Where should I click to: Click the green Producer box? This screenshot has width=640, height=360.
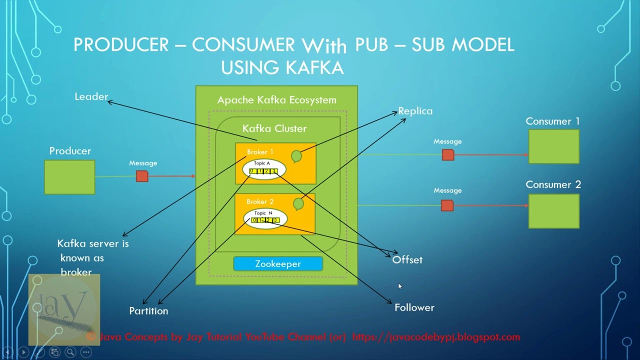pos(69,177)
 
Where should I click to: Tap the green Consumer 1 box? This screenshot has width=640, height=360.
pos(554,146)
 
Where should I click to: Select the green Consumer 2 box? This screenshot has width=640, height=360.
pos(554,211)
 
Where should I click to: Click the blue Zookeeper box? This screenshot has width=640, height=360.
pos(278,264)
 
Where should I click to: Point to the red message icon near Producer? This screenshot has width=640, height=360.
pos(142,176)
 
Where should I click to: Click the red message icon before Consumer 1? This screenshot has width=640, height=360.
pos(448,155)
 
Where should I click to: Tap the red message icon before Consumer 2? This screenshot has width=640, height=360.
pos(447,205)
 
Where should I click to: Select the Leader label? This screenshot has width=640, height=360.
pos(91,96)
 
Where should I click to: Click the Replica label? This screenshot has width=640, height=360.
pos(415,111)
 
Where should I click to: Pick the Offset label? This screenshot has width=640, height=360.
pos(407,260)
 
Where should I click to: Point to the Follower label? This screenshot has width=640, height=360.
pos(414,307)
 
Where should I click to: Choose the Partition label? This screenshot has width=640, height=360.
pos(148,311)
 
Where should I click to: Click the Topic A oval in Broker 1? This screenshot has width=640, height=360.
pos(264,169)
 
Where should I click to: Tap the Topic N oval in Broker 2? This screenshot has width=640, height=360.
pos(265,217)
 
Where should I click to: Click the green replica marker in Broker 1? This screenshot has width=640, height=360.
pos(296,156)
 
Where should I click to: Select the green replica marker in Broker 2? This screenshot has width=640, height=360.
pos(298,203)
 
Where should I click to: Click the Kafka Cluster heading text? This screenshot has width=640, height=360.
pos(274,128)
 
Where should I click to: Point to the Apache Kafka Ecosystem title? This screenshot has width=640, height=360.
pos(276,100)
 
